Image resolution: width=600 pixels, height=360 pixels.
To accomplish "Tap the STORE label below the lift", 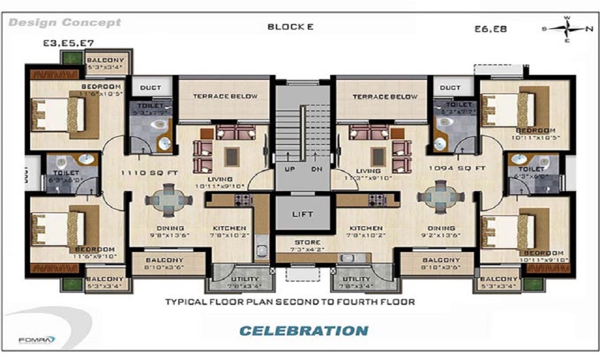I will click(302, 243).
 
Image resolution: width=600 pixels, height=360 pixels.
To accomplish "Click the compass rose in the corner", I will click(567, 28).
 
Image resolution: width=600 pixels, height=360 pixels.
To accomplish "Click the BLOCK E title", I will click(290, 26).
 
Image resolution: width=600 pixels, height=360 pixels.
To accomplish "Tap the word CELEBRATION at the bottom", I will click(304, 331).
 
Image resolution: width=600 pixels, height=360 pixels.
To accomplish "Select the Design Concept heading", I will click(65, 23).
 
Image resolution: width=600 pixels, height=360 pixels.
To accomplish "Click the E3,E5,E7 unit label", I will click(68, 43).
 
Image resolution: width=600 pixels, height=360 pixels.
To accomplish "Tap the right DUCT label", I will click(450, 88).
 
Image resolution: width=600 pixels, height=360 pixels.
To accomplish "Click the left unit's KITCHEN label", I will click(229, 229).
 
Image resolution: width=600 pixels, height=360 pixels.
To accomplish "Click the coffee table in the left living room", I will click(231, 156).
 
